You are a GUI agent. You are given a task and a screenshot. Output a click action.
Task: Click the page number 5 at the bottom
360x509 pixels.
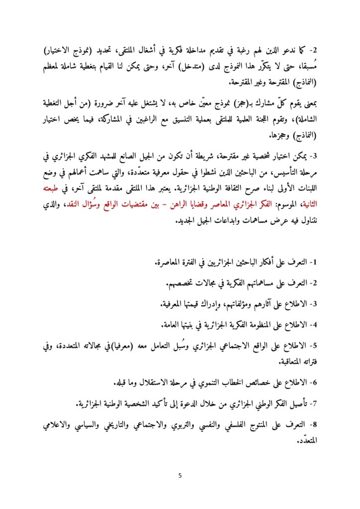pos(180,476)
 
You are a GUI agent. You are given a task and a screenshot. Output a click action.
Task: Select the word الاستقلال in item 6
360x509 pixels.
pos(154,383)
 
